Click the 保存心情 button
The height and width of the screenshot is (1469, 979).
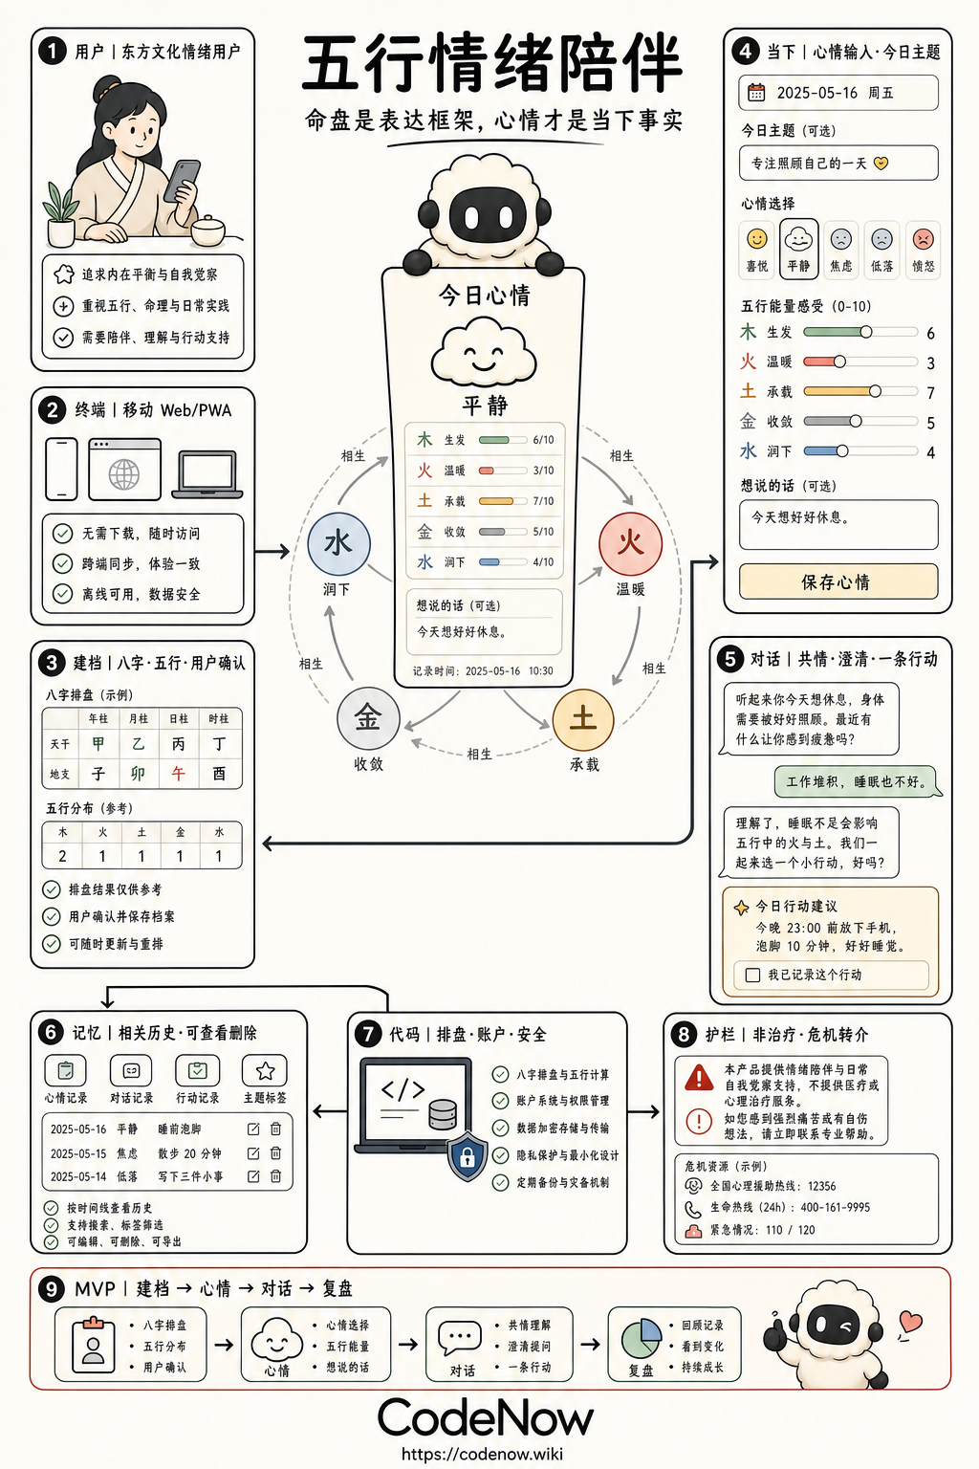[x=838, y=581]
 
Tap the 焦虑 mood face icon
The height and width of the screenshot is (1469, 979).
[x=840, y=239]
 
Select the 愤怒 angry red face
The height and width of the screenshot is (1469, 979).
[x=923, y=239]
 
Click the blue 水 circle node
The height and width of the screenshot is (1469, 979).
[x=338, y=543]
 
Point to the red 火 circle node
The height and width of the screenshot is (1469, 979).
[x=630, y=543]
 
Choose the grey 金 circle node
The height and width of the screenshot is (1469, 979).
[x=368, y=718]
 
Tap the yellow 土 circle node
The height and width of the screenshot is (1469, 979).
[x=583, y=719]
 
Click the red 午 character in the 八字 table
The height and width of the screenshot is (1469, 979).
[x=179, y=774]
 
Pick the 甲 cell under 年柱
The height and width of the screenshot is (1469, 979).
[x=98, y=744]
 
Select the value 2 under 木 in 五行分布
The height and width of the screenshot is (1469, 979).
[x=62, y=856]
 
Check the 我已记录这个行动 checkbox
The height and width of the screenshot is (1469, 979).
[x=752, y=976]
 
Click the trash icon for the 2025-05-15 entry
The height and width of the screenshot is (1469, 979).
[x=276, y=1152]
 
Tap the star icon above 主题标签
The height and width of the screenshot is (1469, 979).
[x=265, y=1071]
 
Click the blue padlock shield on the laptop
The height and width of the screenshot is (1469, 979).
[x=467, y=1155]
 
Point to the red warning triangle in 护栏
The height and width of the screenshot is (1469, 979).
[x=699, y=1078]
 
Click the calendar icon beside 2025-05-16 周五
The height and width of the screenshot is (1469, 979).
[x=756, y=93]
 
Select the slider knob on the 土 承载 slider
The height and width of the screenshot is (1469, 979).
[x=875, y=391]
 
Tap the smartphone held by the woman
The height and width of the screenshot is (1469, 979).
[x=182, y=181]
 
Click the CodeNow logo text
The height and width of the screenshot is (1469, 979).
[x=486, y=1417]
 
